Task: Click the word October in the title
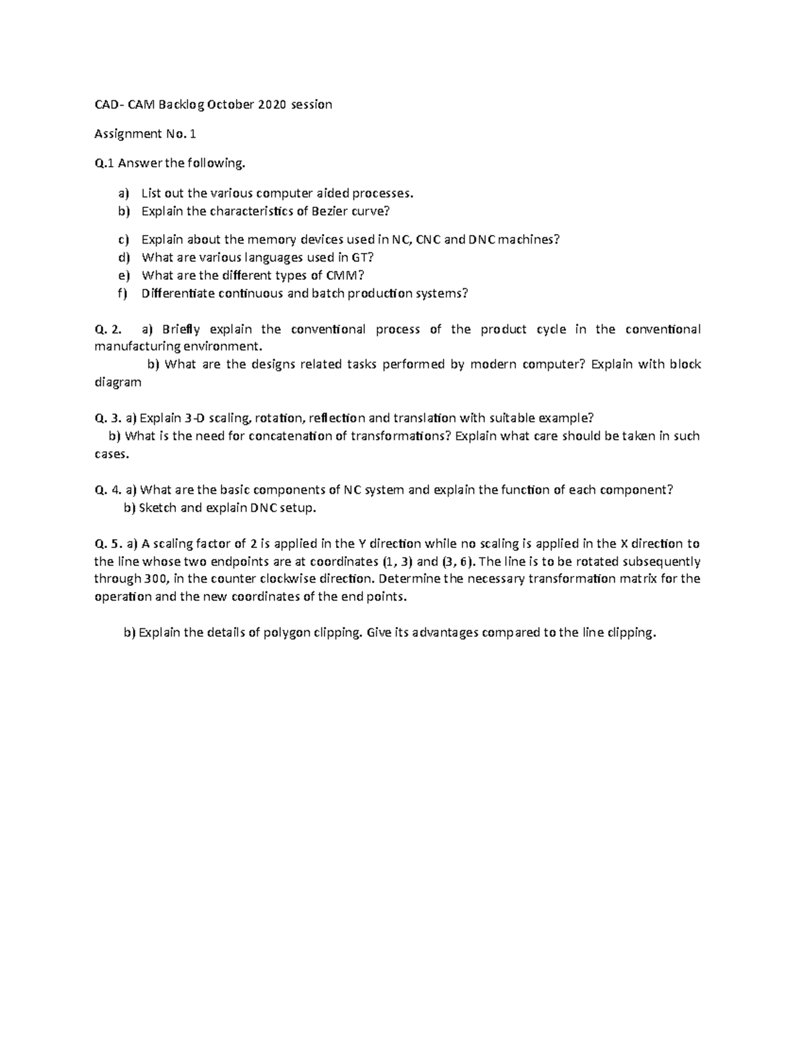(x=230, y=104)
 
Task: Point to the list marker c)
(x=122, y=240)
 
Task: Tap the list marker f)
(x=122, y=293)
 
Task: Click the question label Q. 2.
(x=109, y=329)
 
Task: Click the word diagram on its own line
(x=118, y=382)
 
